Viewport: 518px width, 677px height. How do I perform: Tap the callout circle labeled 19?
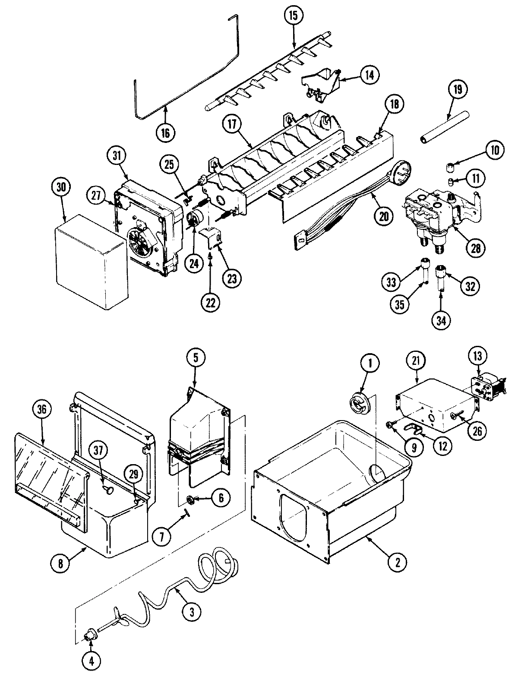coord(457,89)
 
